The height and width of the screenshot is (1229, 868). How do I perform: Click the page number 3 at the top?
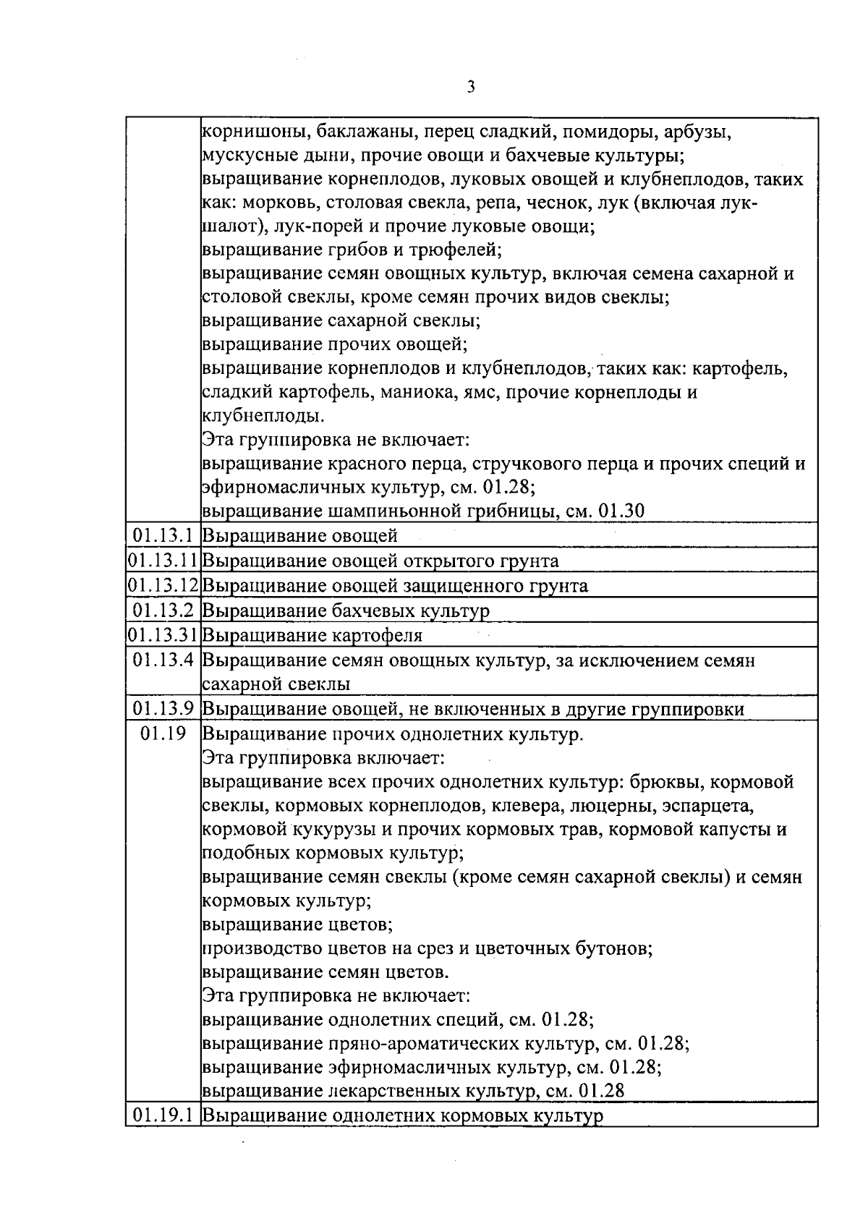[x=471, y=88]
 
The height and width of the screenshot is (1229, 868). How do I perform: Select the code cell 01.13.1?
[x=163, y=536]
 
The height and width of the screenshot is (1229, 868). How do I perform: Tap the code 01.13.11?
[x=163, y=561]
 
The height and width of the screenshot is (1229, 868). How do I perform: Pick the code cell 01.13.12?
[x=163, y=586]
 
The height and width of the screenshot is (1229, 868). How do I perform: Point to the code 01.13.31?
[x=163, y=636]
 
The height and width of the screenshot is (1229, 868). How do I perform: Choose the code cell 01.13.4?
[x=163, y=660]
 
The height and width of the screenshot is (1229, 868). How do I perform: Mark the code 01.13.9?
[x=163, y=710]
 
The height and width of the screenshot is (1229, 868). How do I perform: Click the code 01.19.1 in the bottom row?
[x=163, y=1135]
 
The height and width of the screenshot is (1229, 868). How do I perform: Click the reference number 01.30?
[x=622, y=511]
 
